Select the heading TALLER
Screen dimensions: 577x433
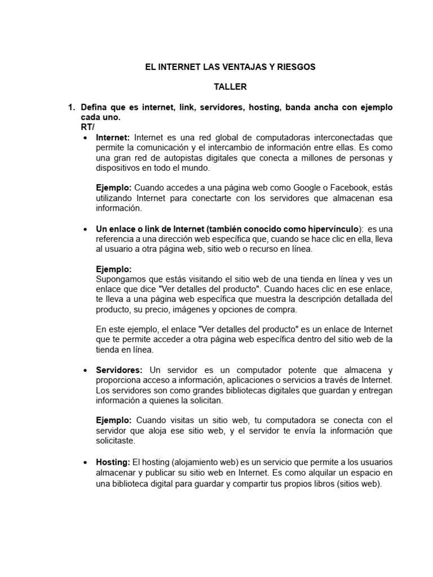[x=230, y=87]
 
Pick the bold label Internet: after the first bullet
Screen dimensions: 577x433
[x=113, y=137]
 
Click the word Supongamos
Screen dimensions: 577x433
[x=120, y=279]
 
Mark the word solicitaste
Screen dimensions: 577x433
[x=116, y=442]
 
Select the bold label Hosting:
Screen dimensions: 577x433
[x=113, y=462]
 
